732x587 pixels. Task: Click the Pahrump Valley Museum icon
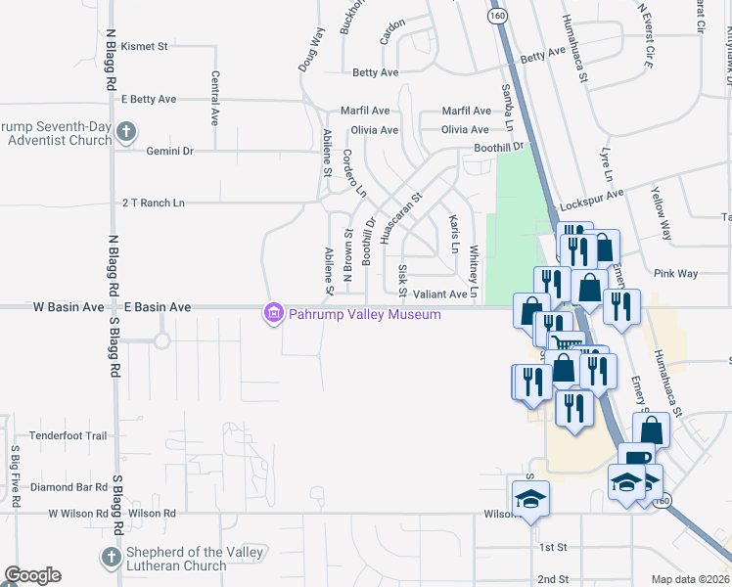click(x=273, y=314)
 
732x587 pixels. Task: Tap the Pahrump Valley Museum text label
click(x=363, y=314)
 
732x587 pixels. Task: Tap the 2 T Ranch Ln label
click(x=153, y=203)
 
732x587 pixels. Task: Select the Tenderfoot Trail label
click(x=68, y=435)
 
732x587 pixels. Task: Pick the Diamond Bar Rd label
click(x=68, y=486)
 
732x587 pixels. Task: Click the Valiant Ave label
click(x=440, y=293)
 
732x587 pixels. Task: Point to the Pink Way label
click(x=676, y=274)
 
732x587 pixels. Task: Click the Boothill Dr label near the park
click(x=500, y=147)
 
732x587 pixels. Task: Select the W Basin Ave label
click(x=69, y=307)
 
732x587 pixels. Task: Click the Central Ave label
click(x=214, y=98)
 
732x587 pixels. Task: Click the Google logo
click(x=32, y=575)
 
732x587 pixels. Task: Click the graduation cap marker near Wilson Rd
click(x=530, y=499)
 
